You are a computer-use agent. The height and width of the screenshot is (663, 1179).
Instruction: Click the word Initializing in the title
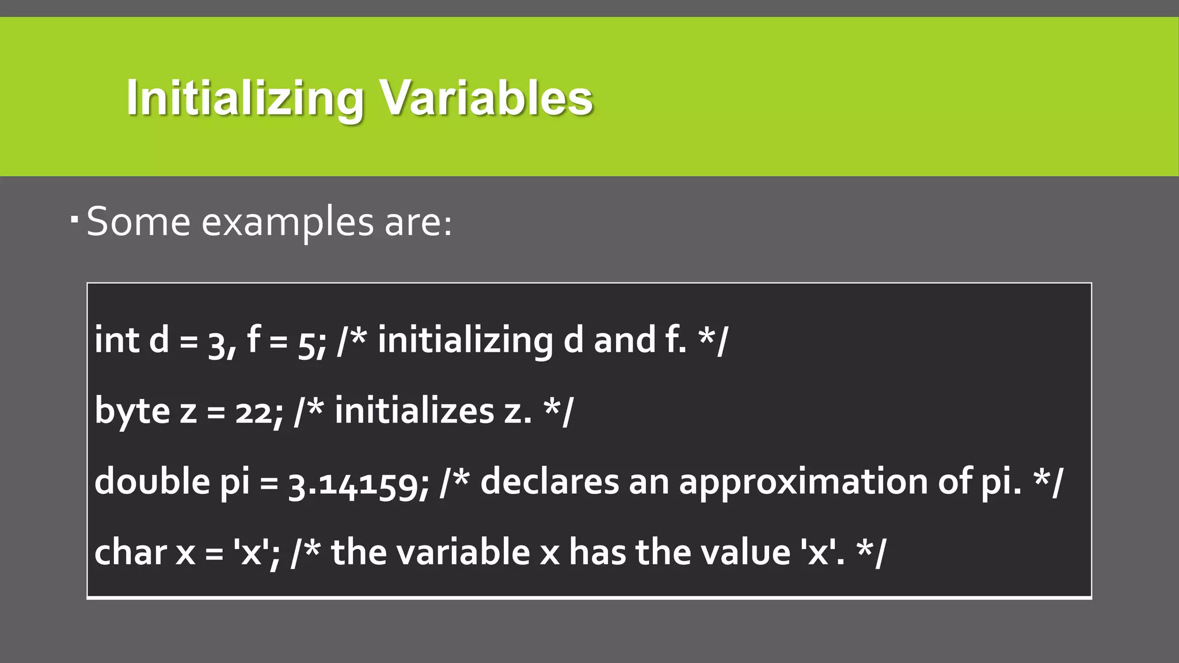pos(245,98)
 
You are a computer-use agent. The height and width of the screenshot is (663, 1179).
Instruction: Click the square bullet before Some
pos(74,219)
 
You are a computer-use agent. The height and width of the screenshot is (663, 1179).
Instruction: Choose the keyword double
pos(152,481)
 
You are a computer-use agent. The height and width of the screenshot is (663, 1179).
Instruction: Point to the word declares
pos(549,481)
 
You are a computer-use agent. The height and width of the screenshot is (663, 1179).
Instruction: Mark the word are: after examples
pos(419,223)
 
